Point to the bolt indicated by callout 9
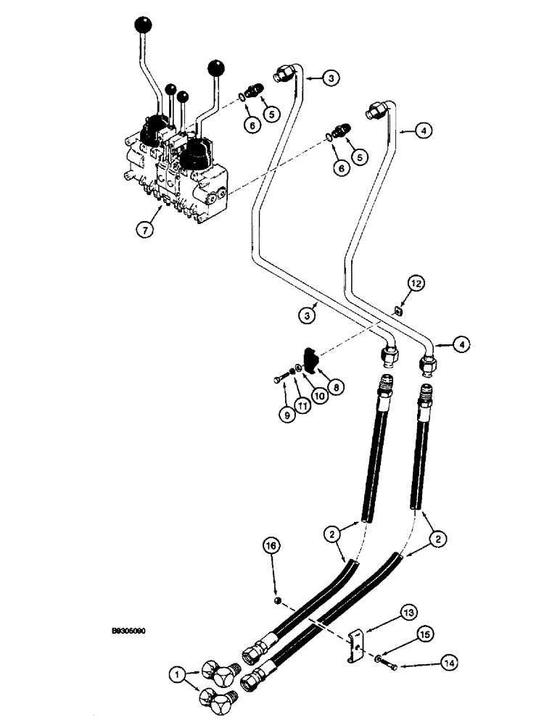click(281, 378)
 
